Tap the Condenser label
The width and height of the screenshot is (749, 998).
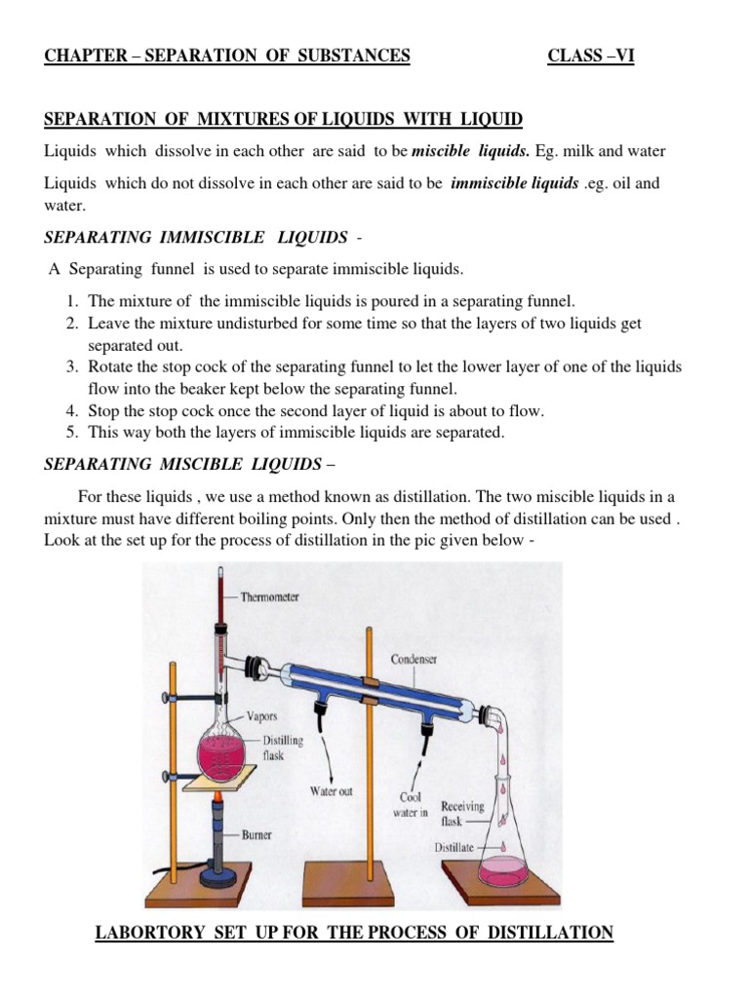414,659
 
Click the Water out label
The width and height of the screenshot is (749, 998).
331,790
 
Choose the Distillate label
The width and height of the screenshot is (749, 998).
454,847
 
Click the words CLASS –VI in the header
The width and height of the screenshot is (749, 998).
591,56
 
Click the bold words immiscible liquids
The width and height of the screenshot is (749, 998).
514,183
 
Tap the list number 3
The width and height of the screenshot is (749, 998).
72,366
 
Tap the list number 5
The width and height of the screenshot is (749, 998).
72,431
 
